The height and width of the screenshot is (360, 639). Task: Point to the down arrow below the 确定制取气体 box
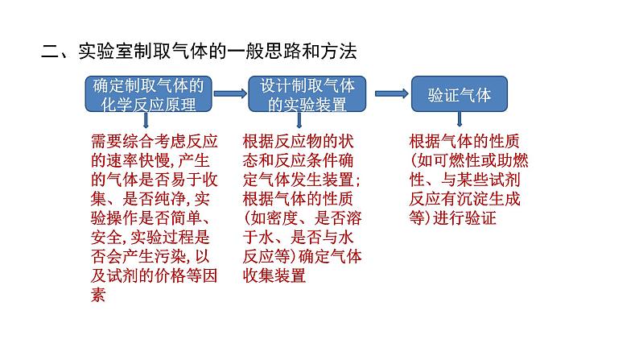(x=146, y=121)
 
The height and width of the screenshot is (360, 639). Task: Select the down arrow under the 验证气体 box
(x=460, y=121)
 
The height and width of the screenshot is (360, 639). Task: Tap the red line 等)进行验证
(x=455, y=217)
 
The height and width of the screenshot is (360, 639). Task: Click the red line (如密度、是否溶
(x=302, y=217)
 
